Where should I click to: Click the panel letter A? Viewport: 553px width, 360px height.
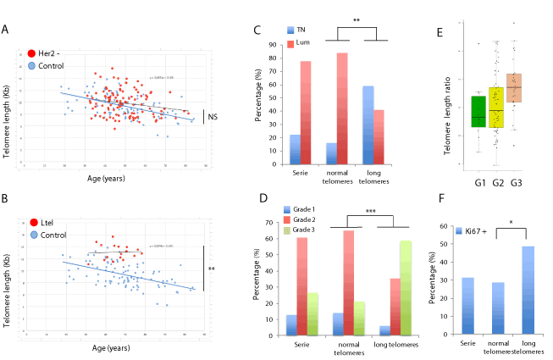click(8, 30)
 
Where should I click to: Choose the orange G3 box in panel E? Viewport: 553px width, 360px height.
click(514, 88)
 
